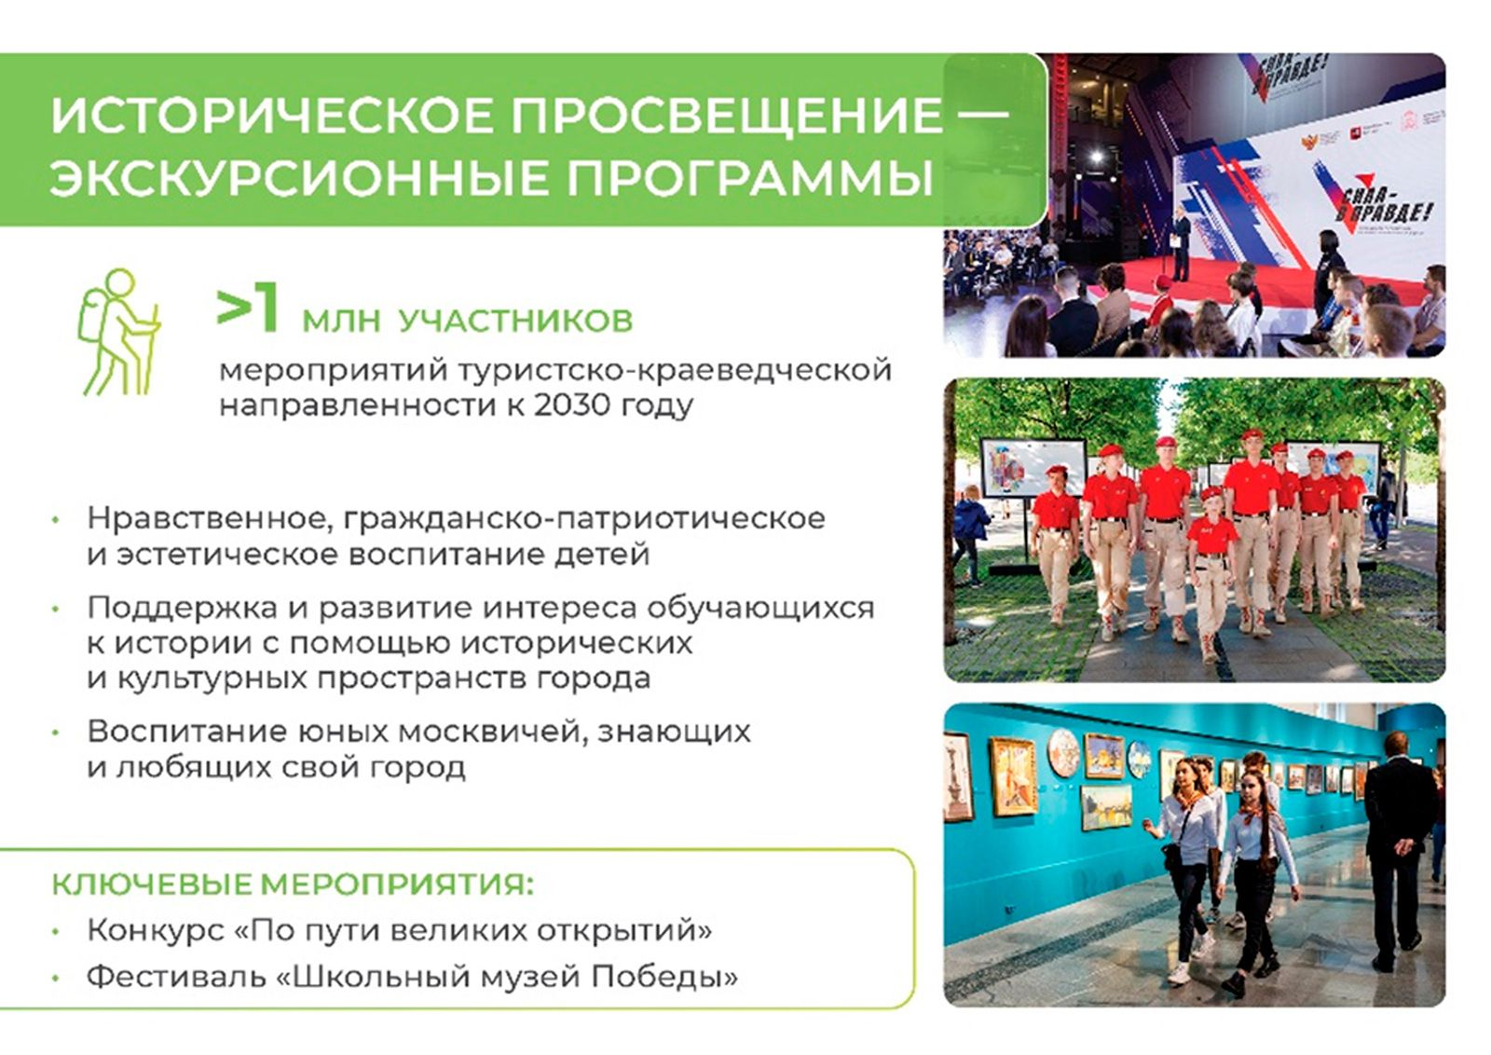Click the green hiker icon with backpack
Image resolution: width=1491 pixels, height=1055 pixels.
tap(120, 332)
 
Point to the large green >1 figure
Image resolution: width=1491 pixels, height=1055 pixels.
tap(247, 309)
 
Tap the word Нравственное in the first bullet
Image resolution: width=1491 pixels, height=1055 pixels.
tap(214, 518)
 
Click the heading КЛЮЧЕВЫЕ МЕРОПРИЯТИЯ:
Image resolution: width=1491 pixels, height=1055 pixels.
tap(293, 885)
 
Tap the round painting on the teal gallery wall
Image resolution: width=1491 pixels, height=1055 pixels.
tap(1063, 753)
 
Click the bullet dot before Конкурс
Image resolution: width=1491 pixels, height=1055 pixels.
tap(57, 933)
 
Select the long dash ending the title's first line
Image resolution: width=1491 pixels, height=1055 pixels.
tap(977, 116)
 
